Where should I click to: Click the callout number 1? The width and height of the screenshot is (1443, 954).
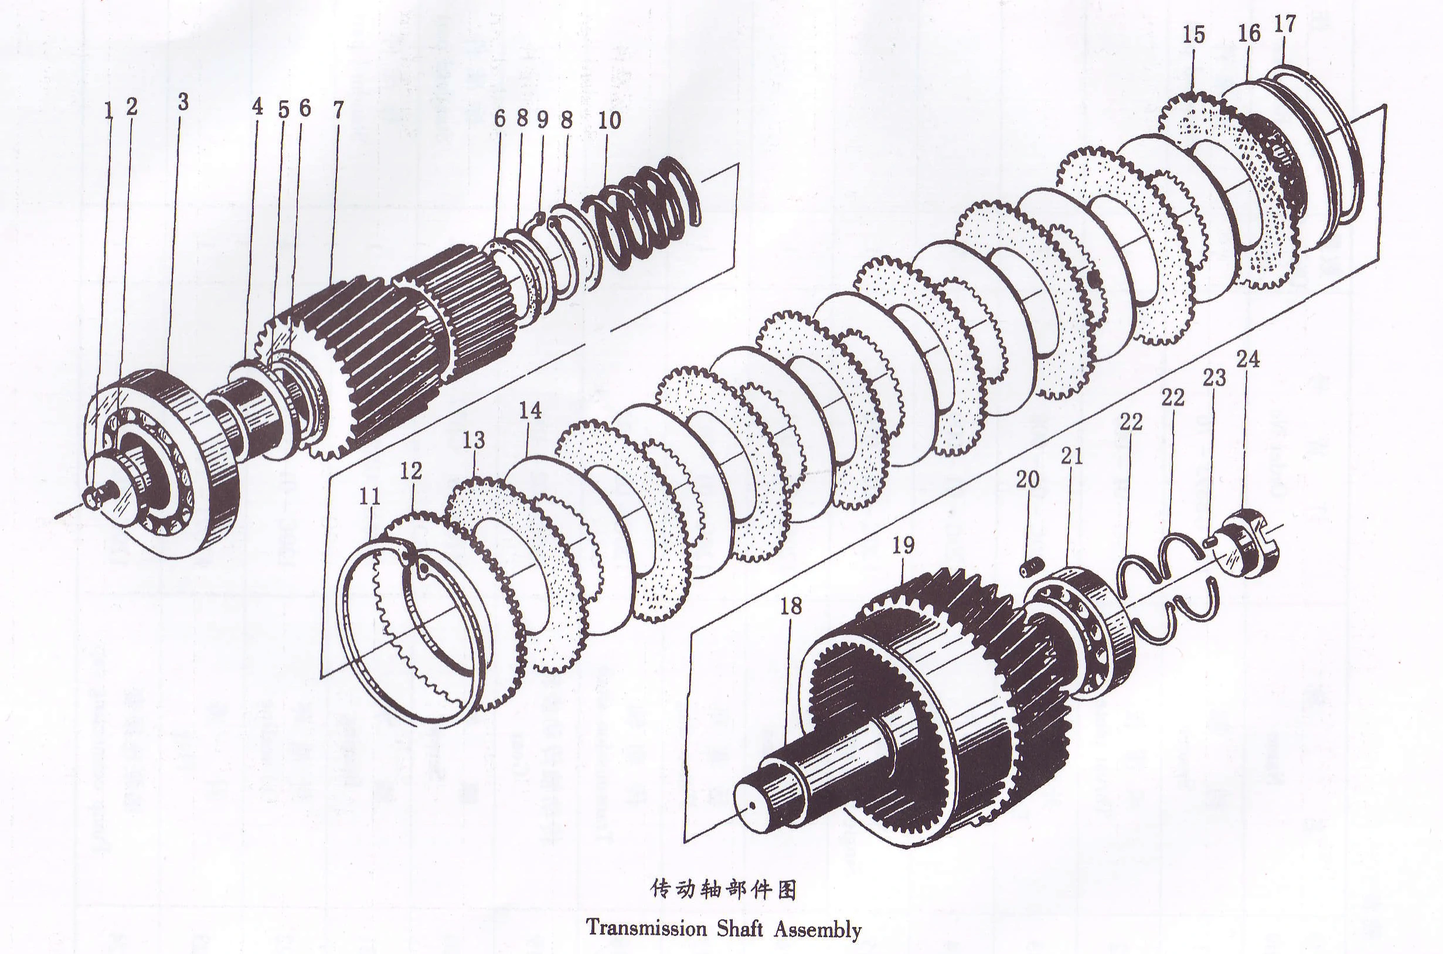[x=109, y=111]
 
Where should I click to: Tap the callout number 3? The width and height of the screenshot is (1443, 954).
[x=183, y=101]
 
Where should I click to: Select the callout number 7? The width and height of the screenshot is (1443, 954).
[x=338, y=110]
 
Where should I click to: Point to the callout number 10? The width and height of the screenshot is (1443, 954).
[x=609, y=121]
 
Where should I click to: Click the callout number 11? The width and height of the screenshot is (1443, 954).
[x=369, y=497]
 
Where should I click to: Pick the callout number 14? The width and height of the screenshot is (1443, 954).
[x=530, y=411]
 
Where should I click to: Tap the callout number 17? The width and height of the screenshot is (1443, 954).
[x=1285, y=25]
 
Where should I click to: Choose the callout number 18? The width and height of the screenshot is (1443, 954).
[x=791, y=606]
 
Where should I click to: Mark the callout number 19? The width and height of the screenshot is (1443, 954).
[x=903, y=546]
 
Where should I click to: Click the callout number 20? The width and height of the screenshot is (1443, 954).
[x=1027, y=480]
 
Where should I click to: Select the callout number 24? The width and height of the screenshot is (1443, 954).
[x=1248, y=359]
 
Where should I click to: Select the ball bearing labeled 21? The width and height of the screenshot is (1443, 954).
[x=1080, y=633]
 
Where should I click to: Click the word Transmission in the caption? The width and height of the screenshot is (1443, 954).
[x=646, y=929]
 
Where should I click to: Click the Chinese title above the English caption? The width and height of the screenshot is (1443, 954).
[x=724, y=890]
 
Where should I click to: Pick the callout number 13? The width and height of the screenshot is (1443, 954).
[x=474, y=440]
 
